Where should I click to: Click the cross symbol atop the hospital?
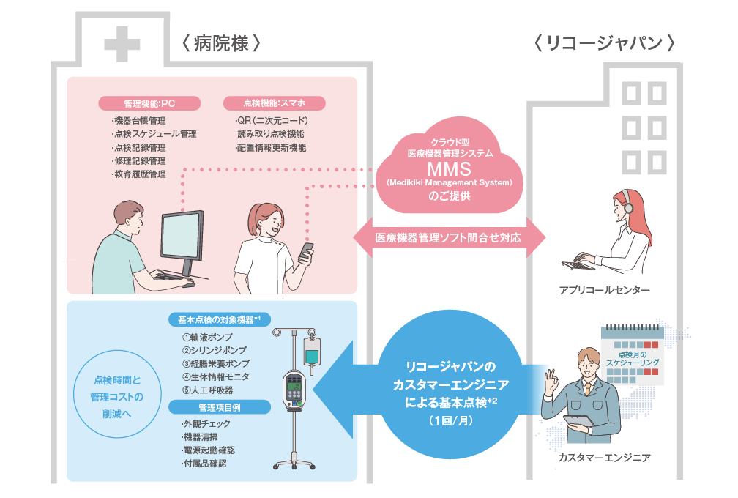(x=122, y=44)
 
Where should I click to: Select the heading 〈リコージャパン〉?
(x=605, y=44)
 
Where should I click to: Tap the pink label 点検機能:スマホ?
(x=274, y=103)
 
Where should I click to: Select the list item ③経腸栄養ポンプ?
(x=216, y=363)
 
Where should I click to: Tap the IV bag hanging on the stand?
(x=313, y=354)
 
